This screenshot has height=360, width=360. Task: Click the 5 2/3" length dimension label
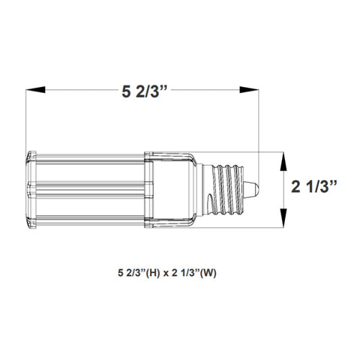tap(144, 91)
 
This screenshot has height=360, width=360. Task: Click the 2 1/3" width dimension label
tap(314, 187)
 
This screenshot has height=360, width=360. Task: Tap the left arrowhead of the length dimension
tap(35, 90)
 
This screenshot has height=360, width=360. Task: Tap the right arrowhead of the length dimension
tap(249, 90)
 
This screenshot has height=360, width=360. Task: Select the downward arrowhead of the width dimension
tap(283, 218)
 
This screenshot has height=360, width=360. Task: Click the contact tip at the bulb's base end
tap(251, 190)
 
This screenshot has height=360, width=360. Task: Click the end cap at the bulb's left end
tap(31, 190)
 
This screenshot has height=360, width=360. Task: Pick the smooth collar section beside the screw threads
tap(171, 190)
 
